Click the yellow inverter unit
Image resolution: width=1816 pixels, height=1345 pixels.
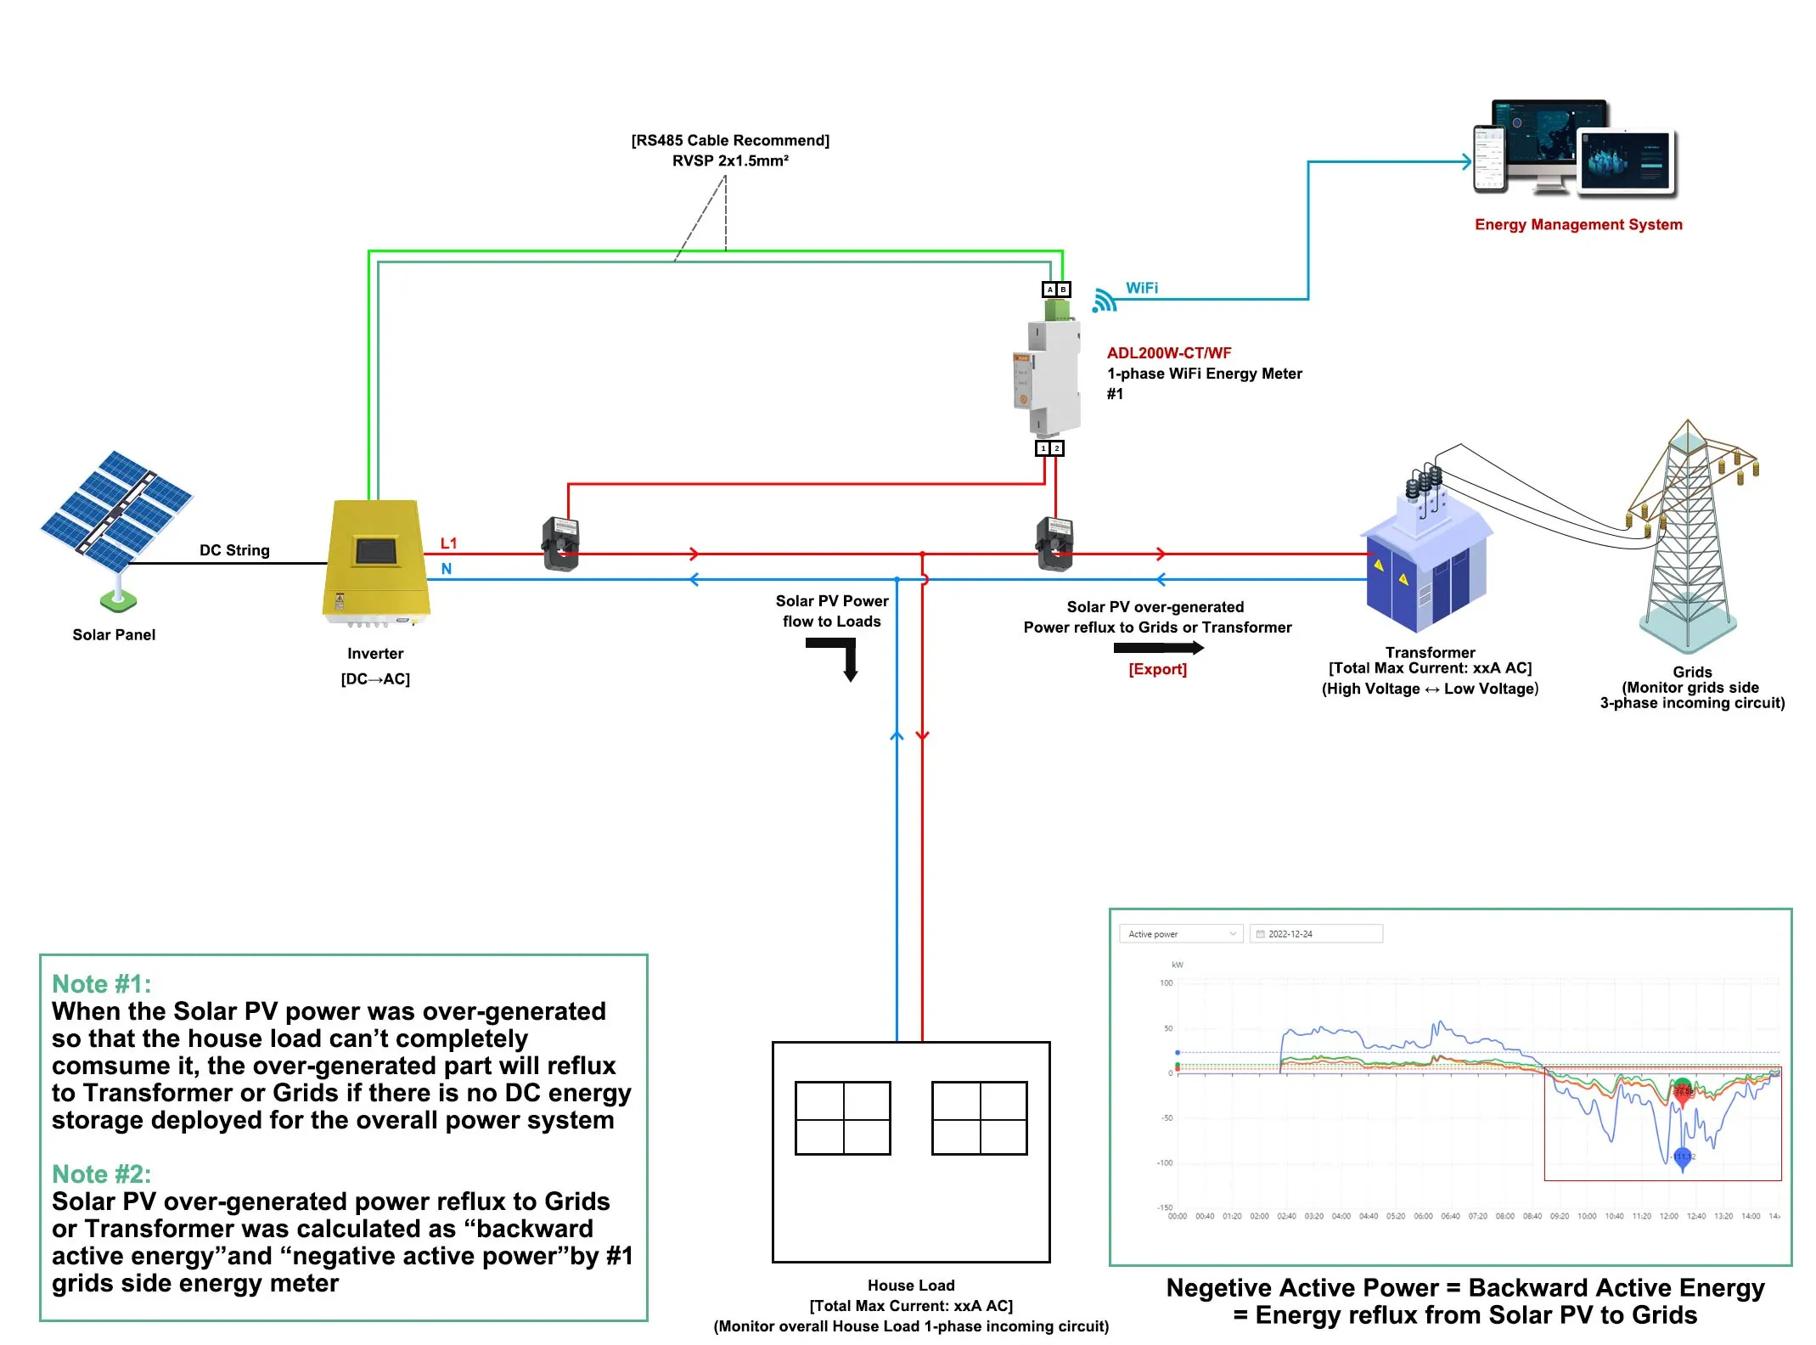[375, 560]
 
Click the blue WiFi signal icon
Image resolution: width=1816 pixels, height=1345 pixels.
[1104, 301]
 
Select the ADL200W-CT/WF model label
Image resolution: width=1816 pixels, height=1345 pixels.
[1168, 353]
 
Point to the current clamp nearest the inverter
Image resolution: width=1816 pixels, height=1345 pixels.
[560, 544]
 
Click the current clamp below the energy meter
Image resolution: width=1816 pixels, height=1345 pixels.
[1054, 544]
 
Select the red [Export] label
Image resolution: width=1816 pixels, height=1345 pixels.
[1157, 669]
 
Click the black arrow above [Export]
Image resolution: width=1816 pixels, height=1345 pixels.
[1158, 648]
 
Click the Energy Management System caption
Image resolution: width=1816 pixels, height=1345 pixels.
[1577, 224]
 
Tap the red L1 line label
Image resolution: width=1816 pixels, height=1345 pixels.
[448, 543]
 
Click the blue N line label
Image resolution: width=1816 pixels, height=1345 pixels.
[447, 569]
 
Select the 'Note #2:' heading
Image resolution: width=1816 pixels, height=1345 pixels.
[101, 1173]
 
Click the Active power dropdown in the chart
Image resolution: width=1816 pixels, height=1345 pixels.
[1180, 934]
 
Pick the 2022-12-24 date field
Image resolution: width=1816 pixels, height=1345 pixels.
[1315, 934]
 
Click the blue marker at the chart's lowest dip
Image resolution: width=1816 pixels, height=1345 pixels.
[1682, 1157]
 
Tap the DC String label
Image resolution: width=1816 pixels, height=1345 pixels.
[234, 550]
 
